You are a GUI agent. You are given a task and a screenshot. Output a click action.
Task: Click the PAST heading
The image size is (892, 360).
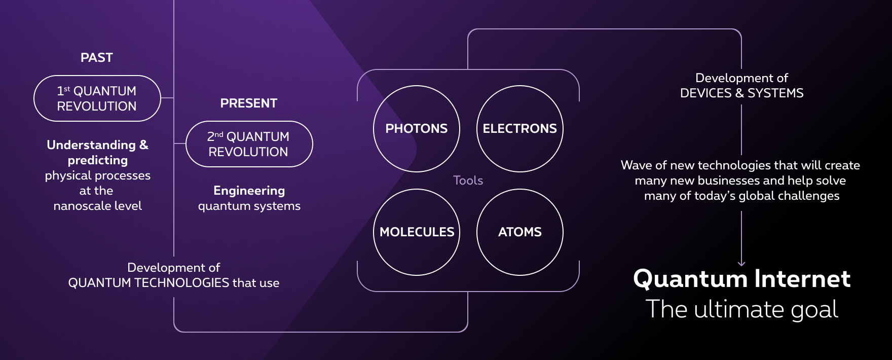click(x=97, y=58)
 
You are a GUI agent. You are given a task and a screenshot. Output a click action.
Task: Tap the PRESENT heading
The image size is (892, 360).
click(x=249, y=103)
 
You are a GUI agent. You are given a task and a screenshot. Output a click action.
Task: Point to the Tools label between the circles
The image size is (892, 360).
click(x=468, y=181)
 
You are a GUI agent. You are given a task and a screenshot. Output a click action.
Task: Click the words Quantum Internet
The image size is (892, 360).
click(x=742, y=279)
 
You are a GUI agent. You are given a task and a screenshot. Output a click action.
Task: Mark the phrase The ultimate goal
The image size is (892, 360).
click(x=742, y=309)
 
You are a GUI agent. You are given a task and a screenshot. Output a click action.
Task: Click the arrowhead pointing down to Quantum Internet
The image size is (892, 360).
click(x=741, y=264)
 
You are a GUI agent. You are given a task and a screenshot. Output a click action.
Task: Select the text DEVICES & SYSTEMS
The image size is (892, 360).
click(x=742, y=93)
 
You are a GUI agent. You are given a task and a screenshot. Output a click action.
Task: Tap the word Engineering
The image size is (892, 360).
click(x=249, y=191)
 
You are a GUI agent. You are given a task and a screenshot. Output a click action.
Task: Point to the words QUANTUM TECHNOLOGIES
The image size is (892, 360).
click(x=149, y=283)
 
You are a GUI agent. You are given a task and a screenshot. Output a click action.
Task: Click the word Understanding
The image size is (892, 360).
click(x=91, y=146)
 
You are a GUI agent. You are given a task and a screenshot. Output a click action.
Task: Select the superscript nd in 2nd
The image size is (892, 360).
click(x=219, y=134)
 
